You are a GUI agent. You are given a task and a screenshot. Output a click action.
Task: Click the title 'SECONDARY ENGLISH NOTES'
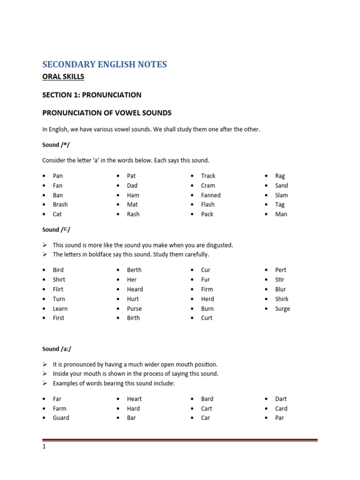(x=105, y=65)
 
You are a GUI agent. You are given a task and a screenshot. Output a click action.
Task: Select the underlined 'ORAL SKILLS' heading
(x=63, y=77)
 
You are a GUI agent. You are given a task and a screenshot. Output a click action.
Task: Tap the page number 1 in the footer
(x=44, y=447)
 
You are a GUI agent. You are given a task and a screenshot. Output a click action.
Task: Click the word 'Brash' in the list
(x=60, y=204)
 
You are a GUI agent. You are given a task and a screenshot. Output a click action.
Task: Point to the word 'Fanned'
(x=210, y=195)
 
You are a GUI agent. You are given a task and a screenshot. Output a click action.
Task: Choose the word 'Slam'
(x=282, y=195)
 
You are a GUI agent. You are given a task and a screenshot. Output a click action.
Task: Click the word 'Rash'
(x=133, y=214)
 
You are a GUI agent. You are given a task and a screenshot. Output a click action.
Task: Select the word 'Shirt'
(x=59, y=280)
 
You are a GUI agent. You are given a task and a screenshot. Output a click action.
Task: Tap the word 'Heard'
(x=135, y=289)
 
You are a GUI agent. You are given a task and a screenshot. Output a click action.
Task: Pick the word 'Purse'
(x=134, y=308)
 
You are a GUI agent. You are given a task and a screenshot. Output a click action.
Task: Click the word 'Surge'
(x=283, y=308)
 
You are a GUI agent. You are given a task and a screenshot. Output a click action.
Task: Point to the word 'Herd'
(x=207, y=299)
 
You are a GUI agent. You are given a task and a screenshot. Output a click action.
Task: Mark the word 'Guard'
(x=61, y=418)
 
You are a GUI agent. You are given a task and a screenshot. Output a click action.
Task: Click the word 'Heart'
(x=134, y=399)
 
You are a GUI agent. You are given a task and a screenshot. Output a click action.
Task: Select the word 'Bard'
(x=207, y=399)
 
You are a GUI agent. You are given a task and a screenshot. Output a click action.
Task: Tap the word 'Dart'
(x=281, y=399)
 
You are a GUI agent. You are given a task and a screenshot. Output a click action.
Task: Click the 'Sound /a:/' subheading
(x=57, y=349)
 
